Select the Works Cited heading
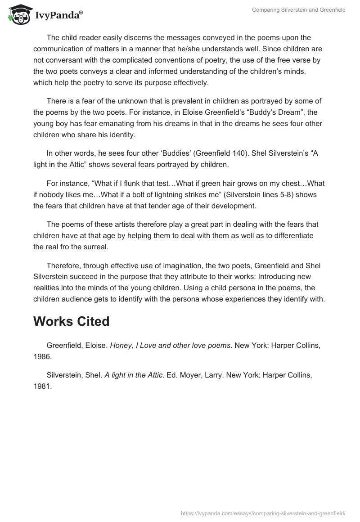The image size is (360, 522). pos(71,321)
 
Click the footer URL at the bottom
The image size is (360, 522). pos(263,513)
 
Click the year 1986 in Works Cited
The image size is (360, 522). pos(42,356)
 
